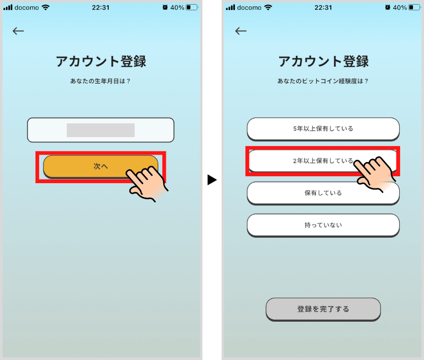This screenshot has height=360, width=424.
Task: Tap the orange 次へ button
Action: [100, 166]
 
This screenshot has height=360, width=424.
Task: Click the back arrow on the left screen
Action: [19, 31]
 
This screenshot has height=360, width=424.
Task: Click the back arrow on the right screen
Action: [241, 31]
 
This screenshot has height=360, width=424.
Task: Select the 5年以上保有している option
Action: [323, 129]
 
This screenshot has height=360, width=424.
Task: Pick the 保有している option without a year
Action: [323, 193]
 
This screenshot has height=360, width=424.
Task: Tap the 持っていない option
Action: [323, 225]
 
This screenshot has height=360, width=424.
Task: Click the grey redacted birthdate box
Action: [101, 130]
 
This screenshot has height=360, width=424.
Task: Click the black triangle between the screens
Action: [211, 180]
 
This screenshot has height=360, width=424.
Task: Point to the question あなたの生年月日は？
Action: [100, 81]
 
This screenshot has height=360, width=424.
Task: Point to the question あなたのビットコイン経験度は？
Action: [323, 81]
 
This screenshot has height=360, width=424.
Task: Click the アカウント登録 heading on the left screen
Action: [101, 61]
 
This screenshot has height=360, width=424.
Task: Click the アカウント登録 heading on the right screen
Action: [323, 61]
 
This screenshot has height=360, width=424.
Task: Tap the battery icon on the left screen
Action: [192, 7]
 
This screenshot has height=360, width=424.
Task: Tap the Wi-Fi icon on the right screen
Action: [268, 7]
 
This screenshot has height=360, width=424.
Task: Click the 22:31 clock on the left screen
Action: [101, 7]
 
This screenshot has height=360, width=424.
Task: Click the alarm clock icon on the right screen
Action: [387, 7]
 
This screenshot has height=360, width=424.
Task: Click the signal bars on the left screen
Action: [8, 7]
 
